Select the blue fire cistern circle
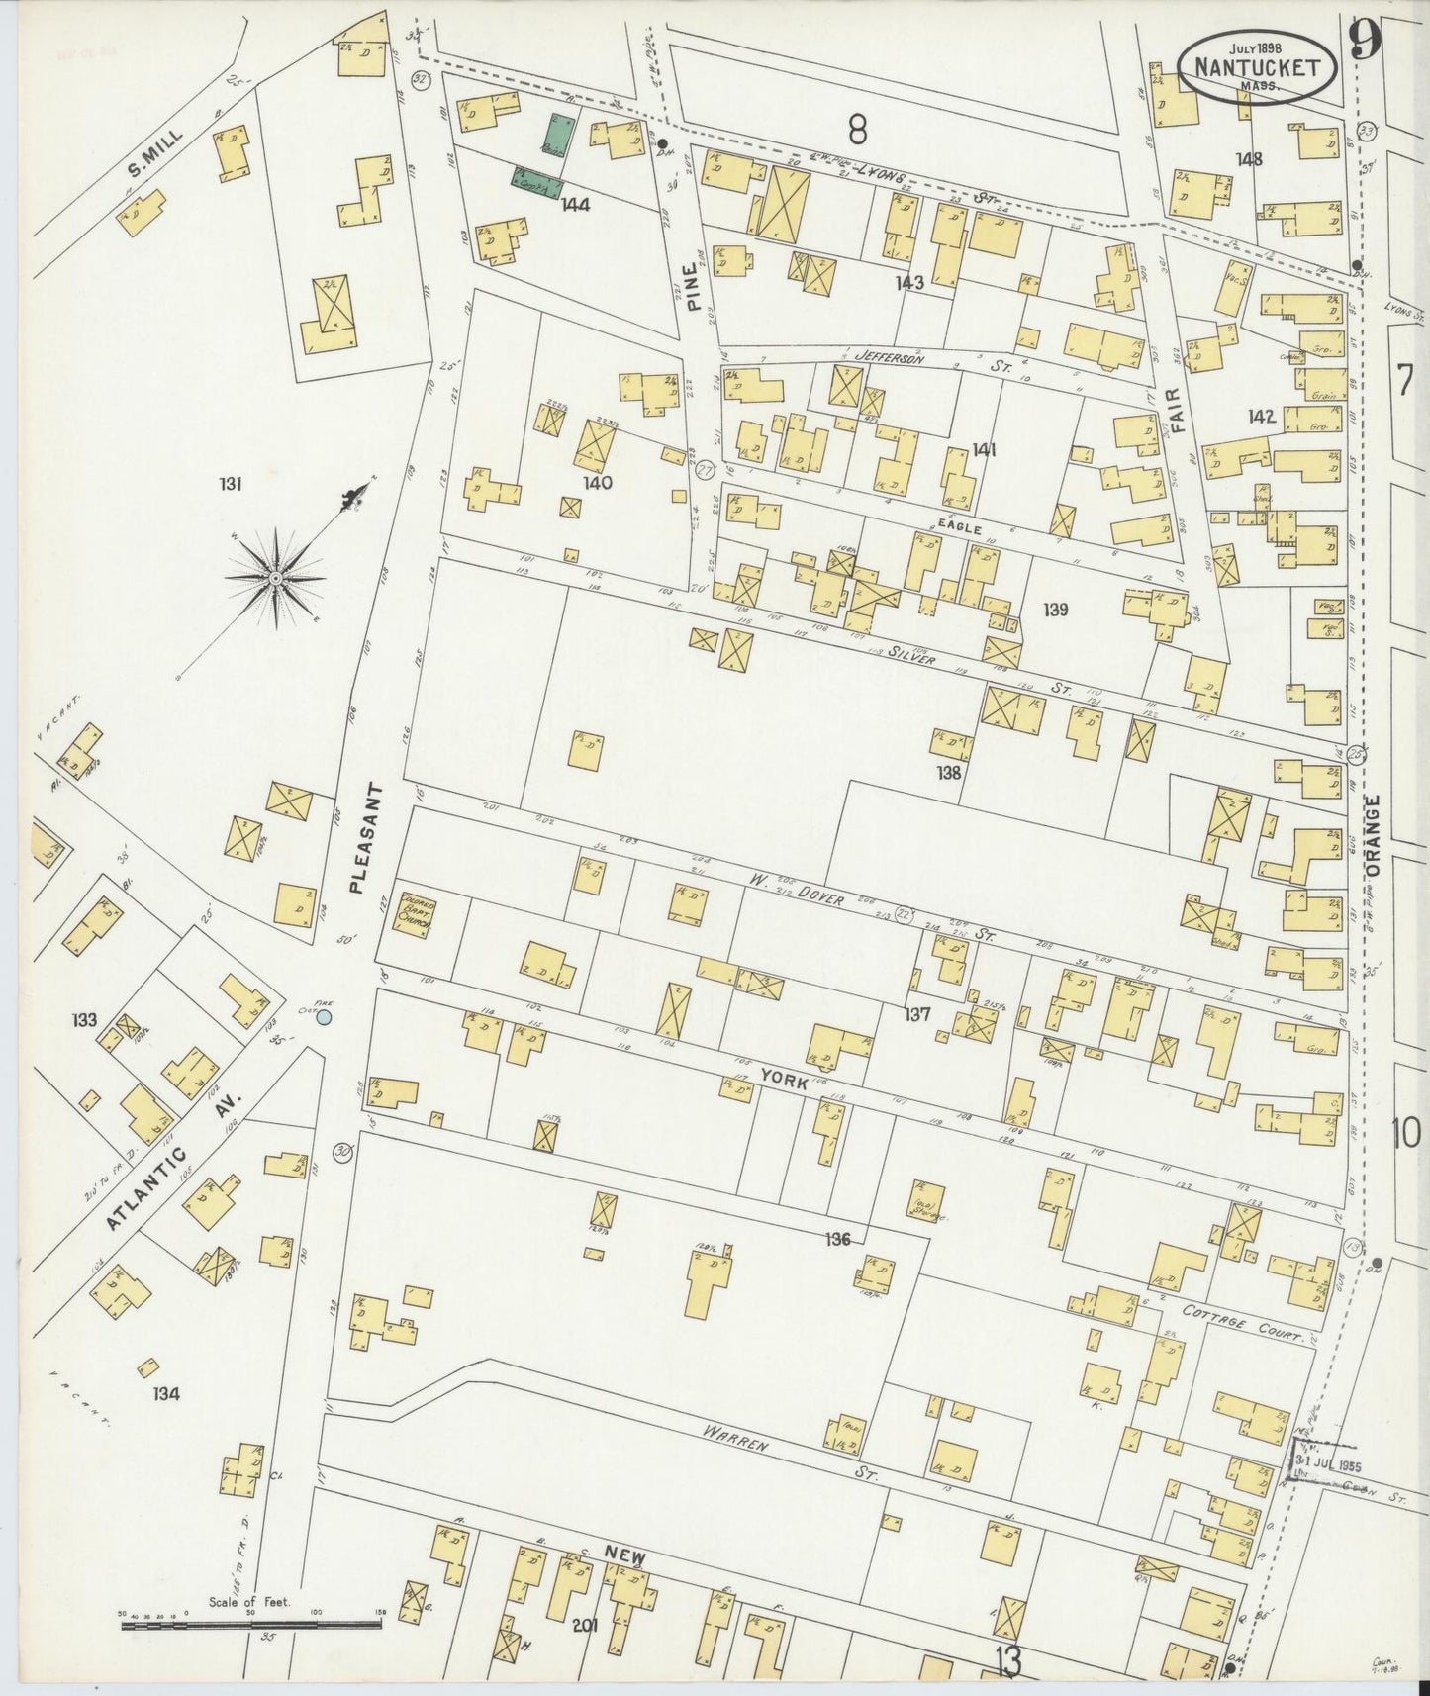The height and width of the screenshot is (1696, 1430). point(323,1017)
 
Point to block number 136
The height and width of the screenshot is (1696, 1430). point(838,1239)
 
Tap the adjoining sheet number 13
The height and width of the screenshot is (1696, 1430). point(1006,1662)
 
